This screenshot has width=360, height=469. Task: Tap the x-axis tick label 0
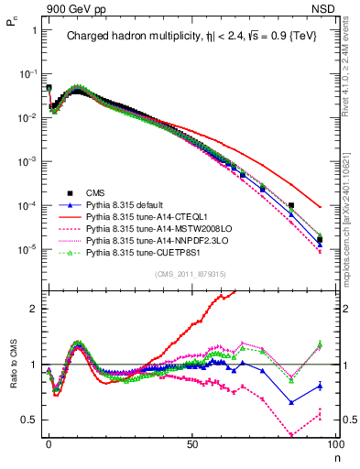tap(49, 442)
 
